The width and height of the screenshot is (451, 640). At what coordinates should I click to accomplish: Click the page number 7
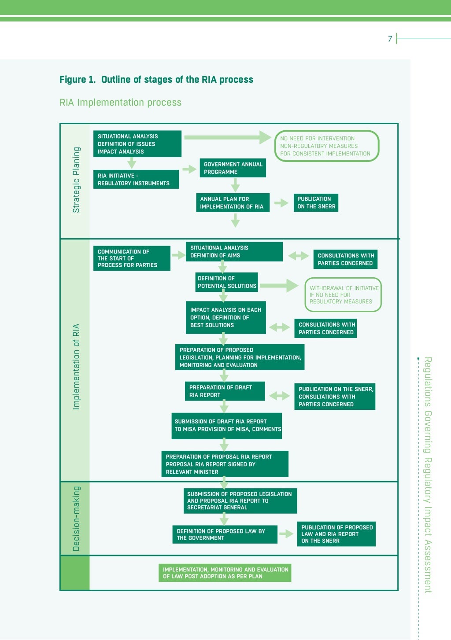click(x=390, y=39)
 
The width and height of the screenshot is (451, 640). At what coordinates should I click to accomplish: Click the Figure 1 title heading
click(x=156, y=80)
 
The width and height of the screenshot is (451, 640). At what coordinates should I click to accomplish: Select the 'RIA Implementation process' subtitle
click(x=120, y=103)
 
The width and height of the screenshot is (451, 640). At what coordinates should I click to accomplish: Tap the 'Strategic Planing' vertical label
click(x=76, y=180)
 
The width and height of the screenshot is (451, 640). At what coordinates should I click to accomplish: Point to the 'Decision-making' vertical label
click(x=76, y=519)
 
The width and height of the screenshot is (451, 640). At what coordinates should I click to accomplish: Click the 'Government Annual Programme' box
click(x=233, y=168)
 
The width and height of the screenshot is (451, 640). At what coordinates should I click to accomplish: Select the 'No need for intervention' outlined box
click(x=326, y=146)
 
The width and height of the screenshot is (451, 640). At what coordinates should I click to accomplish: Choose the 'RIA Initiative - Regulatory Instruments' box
click(x=136, y=179)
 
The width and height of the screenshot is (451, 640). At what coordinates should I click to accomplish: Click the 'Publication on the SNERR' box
click(x=316, y=202)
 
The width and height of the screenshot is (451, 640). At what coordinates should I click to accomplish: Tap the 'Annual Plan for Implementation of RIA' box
click(x=232, y=202)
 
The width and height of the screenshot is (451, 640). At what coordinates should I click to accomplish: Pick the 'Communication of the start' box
click(x=131, y=258)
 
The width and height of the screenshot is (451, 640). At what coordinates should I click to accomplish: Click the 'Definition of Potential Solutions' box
click(x=227, y=282)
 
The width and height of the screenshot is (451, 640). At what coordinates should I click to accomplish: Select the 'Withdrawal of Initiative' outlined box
click(x=343, y=295)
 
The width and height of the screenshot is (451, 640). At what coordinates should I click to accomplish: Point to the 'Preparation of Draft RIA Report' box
click(x=225, y=391)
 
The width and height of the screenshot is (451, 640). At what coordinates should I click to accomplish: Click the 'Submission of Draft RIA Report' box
click(x=226, y=425)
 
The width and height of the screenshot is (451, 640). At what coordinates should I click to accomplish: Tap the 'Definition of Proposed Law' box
click(x=224, y=534)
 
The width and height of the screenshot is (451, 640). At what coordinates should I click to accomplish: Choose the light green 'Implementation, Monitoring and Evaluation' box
click(x=225, y=573)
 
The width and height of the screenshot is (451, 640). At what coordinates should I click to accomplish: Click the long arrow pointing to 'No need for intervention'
click(x=227, y=137)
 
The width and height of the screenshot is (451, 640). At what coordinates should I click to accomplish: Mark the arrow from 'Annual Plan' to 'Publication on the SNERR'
click(x=281, y=203)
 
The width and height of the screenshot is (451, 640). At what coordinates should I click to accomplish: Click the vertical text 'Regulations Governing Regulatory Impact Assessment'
click(x=428, y=474)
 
